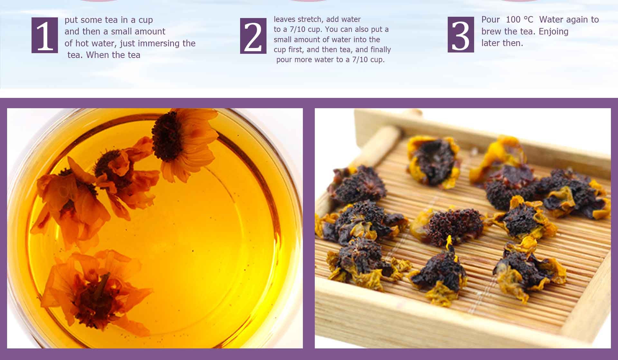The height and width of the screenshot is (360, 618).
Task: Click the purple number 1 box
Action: tap(45, 35)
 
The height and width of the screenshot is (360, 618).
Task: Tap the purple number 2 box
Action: tap(253, 36)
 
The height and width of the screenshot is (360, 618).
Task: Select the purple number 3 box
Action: tap(461, 34)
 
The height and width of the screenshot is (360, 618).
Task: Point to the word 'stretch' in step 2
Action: tap(311, 19)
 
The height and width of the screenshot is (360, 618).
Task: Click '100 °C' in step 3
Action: tap(520, 20)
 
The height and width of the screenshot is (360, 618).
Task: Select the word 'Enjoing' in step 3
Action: tap(554, 32)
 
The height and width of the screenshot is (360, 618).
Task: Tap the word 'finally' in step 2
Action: tap(380, 50)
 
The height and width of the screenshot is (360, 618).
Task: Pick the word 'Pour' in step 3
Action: tap(491, 20)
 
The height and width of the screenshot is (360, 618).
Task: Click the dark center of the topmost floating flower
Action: tap(167, 136)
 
